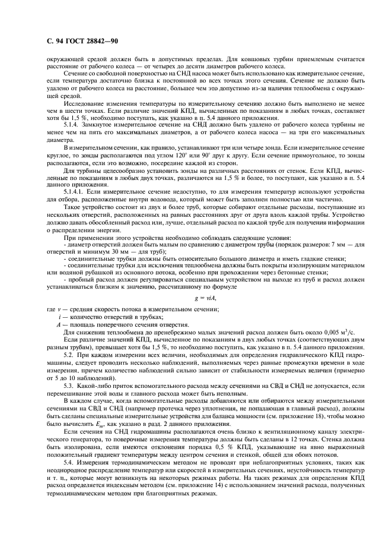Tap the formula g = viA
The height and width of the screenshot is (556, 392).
tap(203, 298)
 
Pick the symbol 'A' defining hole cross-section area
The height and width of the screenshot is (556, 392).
tap(58, 324)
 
